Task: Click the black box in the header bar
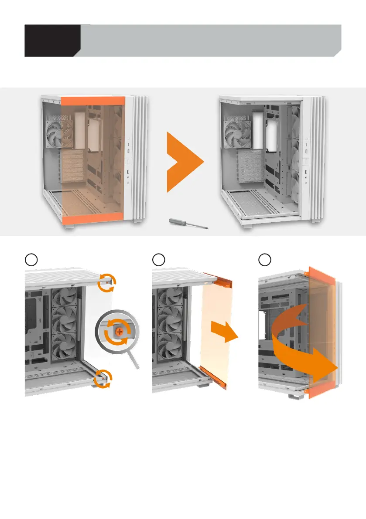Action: point(51,41)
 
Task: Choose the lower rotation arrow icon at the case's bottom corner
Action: point(103,378)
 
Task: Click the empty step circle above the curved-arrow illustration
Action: point(264,260)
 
